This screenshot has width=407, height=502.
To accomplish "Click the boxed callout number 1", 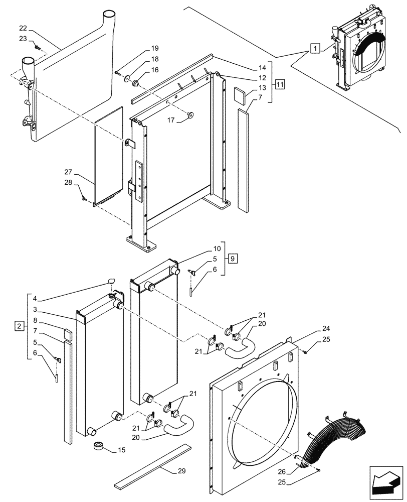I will (314, 49).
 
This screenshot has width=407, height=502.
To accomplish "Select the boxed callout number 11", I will (279, 83).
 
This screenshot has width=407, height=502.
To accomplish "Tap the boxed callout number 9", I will (232, 259).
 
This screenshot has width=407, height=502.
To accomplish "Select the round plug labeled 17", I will (190, 116).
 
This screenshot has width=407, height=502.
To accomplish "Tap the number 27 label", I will (68, 172).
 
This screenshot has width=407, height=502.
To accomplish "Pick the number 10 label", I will (217, 249).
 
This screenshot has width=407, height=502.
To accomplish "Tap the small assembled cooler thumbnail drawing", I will (360, 53).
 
